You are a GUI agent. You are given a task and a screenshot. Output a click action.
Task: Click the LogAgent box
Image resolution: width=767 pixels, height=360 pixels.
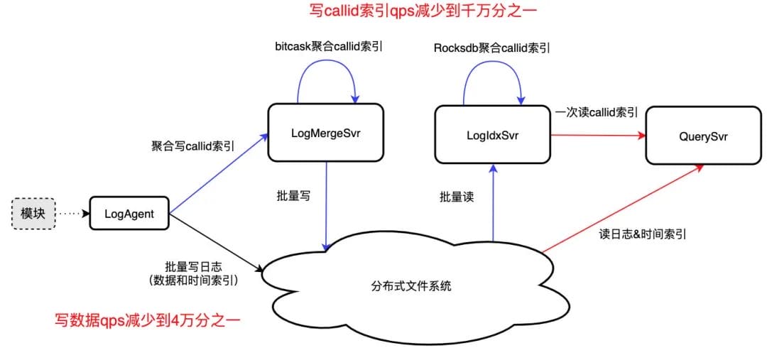130,213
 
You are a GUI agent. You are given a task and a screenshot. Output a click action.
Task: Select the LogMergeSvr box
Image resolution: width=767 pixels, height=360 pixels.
325,132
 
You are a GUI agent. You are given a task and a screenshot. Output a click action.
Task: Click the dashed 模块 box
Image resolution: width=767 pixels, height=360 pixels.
33,213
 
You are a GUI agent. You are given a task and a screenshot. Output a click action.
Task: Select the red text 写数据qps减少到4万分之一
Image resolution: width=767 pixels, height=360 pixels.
148,321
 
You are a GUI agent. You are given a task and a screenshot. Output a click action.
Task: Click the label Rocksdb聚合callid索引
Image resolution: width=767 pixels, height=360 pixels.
491,48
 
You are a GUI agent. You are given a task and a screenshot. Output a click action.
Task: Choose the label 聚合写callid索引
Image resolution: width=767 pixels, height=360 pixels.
192,146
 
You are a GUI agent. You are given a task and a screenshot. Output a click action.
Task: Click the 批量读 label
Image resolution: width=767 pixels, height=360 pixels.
457,197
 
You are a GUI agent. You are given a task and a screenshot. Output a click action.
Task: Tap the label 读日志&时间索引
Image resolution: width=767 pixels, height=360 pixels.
643,234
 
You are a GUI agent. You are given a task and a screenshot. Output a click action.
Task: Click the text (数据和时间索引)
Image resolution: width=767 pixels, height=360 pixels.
193,280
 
